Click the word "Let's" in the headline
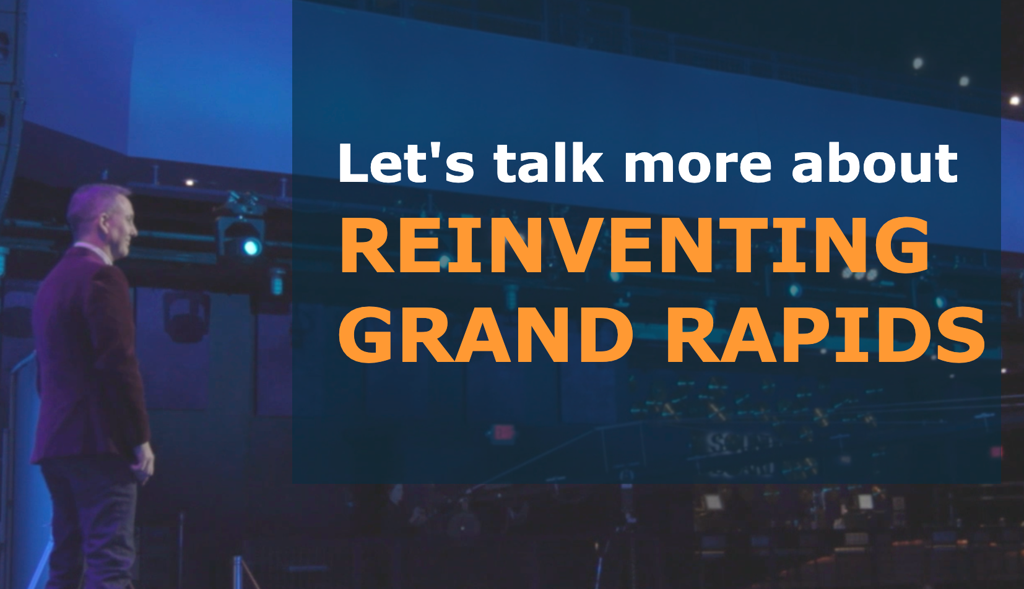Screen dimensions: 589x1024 [x=406, y=163]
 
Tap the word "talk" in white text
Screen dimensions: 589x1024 [x=548, y=163]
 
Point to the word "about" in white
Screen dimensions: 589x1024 [x=874, y=163]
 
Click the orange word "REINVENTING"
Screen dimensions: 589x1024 [x=634, y=246]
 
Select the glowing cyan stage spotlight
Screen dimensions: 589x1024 [x=251, y=247]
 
